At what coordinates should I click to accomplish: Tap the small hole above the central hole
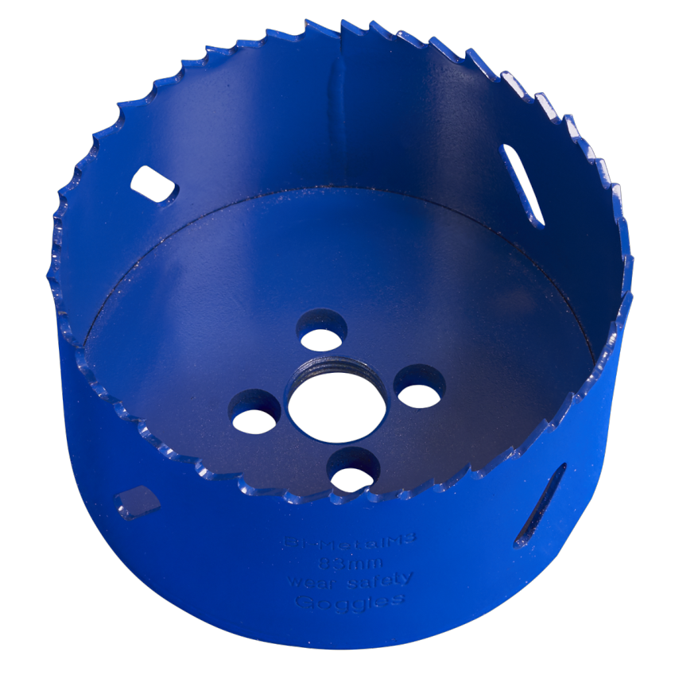[322, 334]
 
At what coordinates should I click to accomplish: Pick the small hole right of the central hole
[420, 390]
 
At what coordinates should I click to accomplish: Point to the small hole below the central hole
[353, 475]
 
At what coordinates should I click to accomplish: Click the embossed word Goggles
[350, 601]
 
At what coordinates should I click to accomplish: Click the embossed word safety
[382, 580]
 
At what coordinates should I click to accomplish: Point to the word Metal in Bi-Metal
[350, 544]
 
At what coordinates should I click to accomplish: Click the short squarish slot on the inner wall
[153, 184]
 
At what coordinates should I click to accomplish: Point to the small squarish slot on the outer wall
[137, 501]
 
